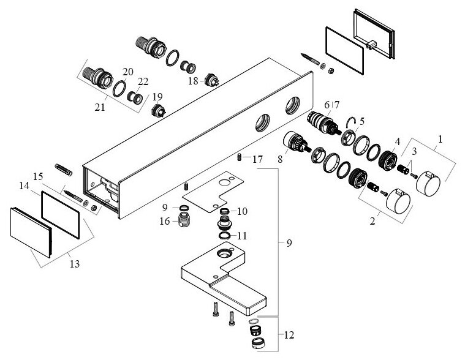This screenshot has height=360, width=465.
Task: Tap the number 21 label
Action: (x=100, y=107)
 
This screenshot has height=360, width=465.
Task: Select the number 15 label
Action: (x=37, y=176)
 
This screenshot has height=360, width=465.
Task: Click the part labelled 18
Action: (x=214, y=79)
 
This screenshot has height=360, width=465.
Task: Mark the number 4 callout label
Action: (x=396, y=141)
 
